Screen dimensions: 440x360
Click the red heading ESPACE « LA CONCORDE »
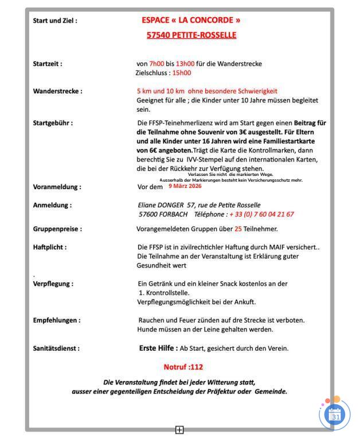coord(191,20)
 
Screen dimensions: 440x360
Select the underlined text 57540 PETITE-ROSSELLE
coord(191,35)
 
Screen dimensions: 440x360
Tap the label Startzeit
coord(48,64)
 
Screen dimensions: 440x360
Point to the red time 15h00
coord(182,73)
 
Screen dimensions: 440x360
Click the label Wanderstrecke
coord(57,91)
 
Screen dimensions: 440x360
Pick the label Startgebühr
coord(53,123)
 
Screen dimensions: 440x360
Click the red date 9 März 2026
coord(185,186)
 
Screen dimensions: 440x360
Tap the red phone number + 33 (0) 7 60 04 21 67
coord(261,214)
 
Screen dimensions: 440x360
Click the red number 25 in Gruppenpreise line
coord(238,229)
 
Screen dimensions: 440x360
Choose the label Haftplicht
coord(50,247)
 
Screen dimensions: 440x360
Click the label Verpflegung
coord(53,283)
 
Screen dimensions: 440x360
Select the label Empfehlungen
coord(56,320)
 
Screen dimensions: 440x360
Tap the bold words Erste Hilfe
coord(158,348)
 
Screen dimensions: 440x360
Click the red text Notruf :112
coord(183,367)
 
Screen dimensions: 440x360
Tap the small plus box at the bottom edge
coord(179,430)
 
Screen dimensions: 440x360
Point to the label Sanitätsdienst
coord(56,348)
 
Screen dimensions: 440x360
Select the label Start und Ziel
coord(55,21)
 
